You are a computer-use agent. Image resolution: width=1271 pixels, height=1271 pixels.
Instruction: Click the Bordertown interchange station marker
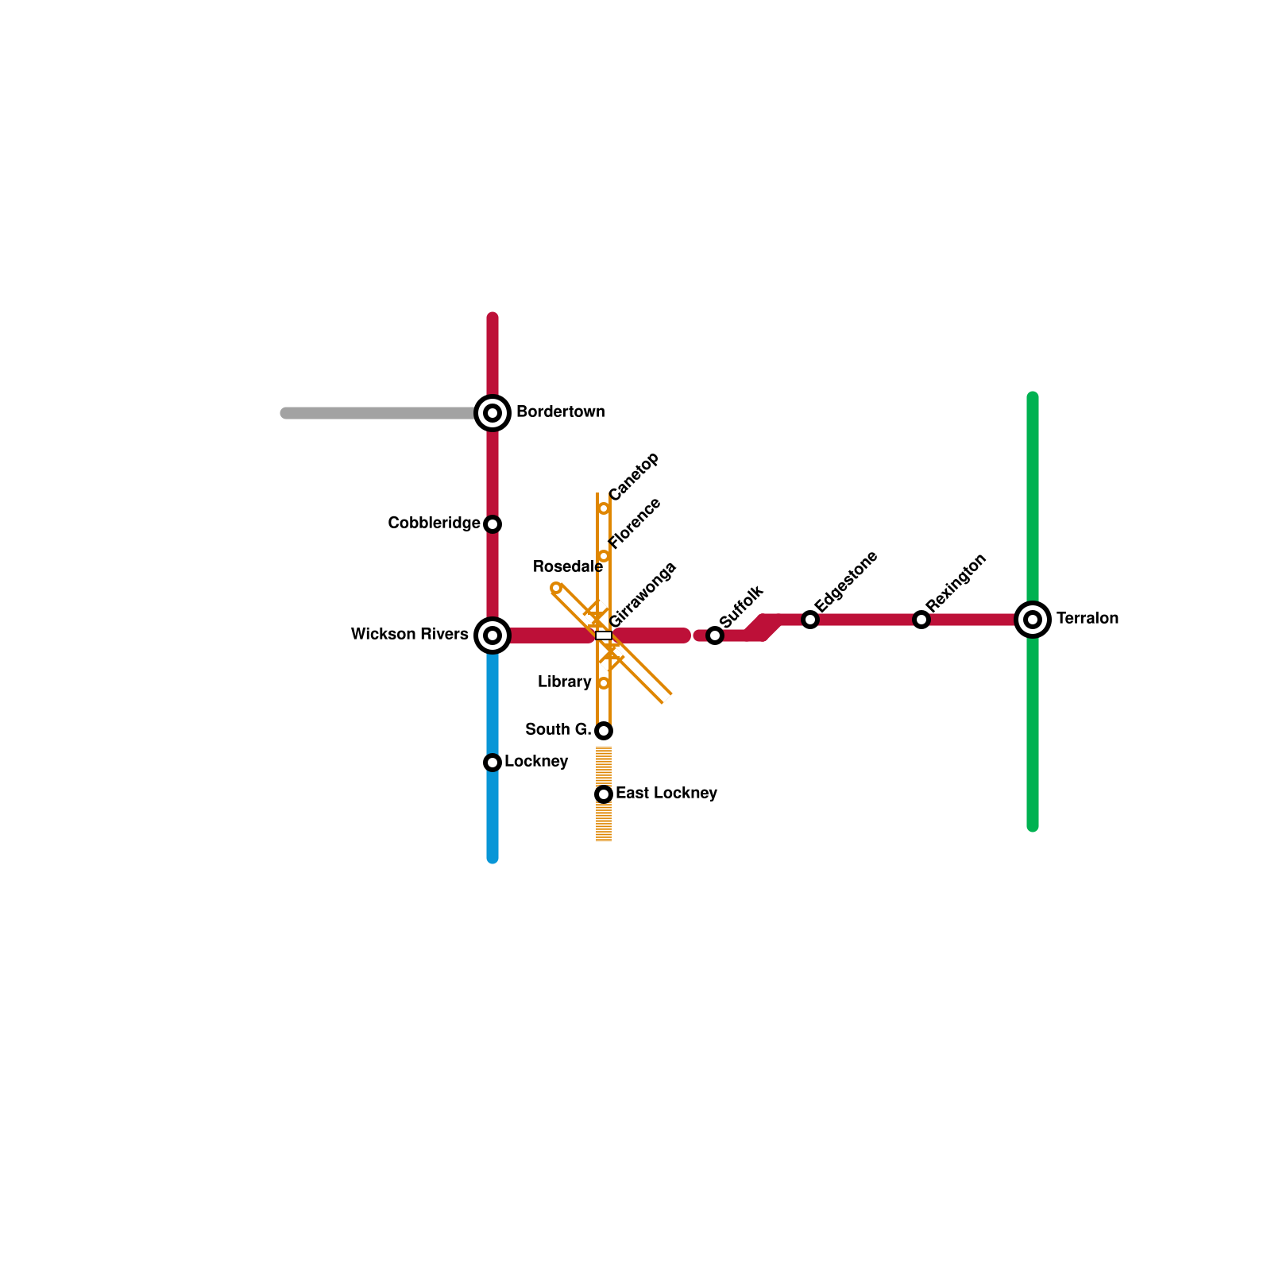pos(493,413)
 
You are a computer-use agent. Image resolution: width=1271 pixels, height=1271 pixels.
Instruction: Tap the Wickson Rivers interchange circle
pos(493,635)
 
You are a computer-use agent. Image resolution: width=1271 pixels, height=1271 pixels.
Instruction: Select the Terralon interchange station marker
pos(1033,620)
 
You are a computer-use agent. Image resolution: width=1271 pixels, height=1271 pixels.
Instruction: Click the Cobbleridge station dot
pos(493,524)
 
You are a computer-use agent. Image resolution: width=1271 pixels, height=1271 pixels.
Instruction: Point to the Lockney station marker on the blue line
pos(493,763)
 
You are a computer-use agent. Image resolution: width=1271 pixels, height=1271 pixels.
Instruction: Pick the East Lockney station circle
pos(604,794)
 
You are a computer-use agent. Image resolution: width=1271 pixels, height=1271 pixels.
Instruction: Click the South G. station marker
pos(604,731)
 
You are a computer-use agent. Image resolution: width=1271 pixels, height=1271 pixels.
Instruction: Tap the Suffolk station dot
pos(715,635)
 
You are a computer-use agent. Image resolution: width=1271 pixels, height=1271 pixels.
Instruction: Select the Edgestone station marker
pos(810,620)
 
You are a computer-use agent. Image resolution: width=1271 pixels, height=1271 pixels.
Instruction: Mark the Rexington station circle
pos(921,620)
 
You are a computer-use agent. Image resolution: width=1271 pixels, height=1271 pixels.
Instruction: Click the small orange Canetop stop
pos(604,508)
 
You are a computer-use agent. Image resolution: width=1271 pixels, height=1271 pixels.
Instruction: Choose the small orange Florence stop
pos(604,556)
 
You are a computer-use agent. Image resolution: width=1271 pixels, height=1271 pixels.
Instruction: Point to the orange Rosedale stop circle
pos(556,588)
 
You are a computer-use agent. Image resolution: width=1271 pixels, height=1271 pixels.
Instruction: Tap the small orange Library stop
pos(604,683)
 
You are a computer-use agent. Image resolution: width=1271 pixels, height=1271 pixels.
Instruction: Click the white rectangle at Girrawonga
pos(604,635)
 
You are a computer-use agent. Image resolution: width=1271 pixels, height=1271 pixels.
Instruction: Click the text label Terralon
pos(1087,618)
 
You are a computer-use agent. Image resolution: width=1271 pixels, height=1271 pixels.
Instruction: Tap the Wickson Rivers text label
pos(409,634)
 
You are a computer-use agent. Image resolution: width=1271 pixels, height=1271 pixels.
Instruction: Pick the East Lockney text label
pos(666,793)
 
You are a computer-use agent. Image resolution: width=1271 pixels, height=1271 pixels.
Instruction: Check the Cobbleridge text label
pos(434,523)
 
